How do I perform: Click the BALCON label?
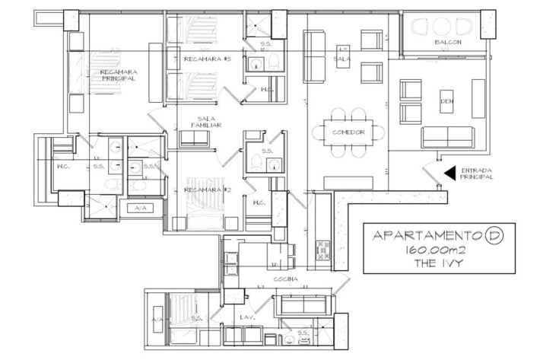point(448,43)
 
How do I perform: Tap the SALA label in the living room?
point(341,59)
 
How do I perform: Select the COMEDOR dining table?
point(348,132)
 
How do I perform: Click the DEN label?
point(446,101)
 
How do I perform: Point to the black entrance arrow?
point(449,174)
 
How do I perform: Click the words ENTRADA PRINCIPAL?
point(476,174)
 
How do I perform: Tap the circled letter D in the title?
point(494,236)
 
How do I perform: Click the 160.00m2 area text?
point(435,250)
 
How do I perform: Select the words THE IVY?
point(438,263)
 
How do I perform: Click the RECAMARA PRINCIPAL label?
point(119,75)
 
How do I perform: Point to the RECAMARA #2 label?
point(208,190)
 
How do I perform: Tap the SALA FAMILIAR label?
point(206,122)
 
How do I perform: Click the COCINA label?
point(285,279)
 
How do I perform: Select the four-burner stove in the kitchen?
point(322,250)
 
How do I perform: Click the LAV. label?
point(247,317)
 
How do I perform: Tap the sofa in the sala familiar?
point(194,139)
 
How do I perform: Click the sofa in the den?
point(448,138)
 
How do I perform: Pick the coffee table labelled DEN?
point(446,101)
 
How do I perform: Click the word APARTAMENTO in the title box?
point(427,236)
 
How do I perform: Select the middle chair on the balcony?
point(442,27)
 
